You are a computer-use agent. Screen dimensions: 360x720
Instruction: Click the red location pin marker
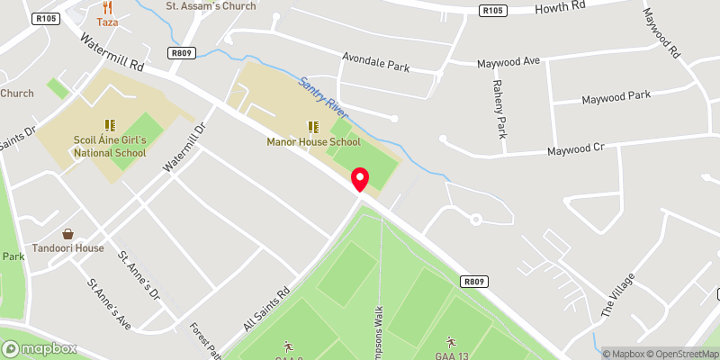point(360,179)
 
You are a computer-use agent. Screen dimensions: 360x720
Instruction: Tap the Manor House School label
point(313,141)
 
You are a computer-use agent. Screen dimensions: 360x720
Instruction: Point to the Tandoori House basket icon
point(67,234)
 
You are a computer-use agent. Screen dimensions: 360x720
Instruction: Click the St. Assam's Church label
point(211,6)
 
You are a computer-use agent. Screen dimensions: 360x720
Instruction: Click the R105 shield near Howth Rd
point(490,11)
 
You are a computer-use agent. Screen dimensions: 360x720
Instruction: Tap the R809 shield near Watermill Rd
point(182,54)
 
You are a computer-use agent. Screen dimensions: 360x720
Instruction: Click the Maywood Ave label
point(508,62)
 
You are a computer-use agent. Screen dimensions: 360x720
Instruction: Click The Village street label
point(617,296)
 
